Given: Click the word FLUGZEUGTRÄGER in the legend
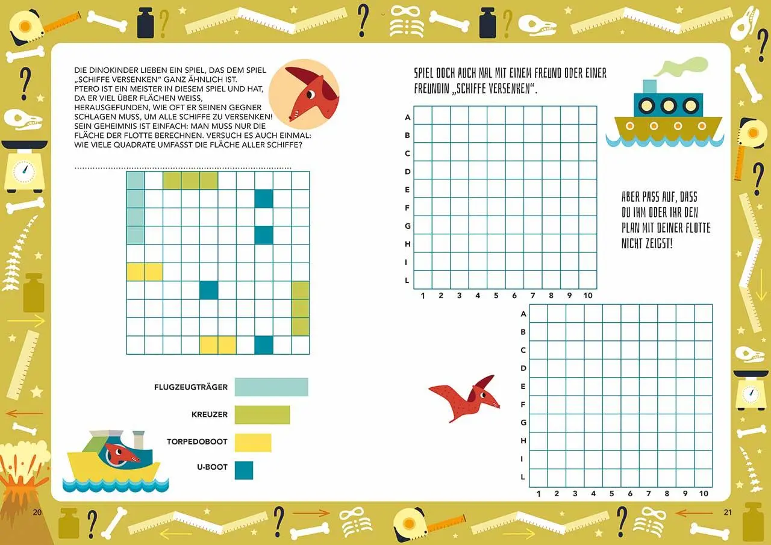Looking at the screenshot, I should coord(191,387).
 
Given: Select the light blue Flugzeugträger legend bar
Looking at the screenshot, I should coord(271,387).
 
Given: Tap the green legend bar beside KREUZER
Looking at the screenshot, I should coord(262,415).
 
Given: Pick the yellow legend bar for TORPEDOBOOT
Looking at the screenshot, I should coord(253,443).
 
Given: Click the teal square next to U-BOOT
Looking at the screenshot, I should coord(244,470).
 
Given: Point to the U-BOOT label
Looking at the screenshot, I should coord(213,467).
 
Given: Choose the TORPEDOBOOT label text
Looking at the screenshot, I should coord(197,442).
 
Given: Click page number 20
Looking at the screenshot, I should coord(37,512).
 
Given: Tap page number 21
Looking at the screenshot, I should coord(727,512).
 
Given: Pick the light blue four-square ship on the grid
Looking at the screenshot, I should coord(136,208).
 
